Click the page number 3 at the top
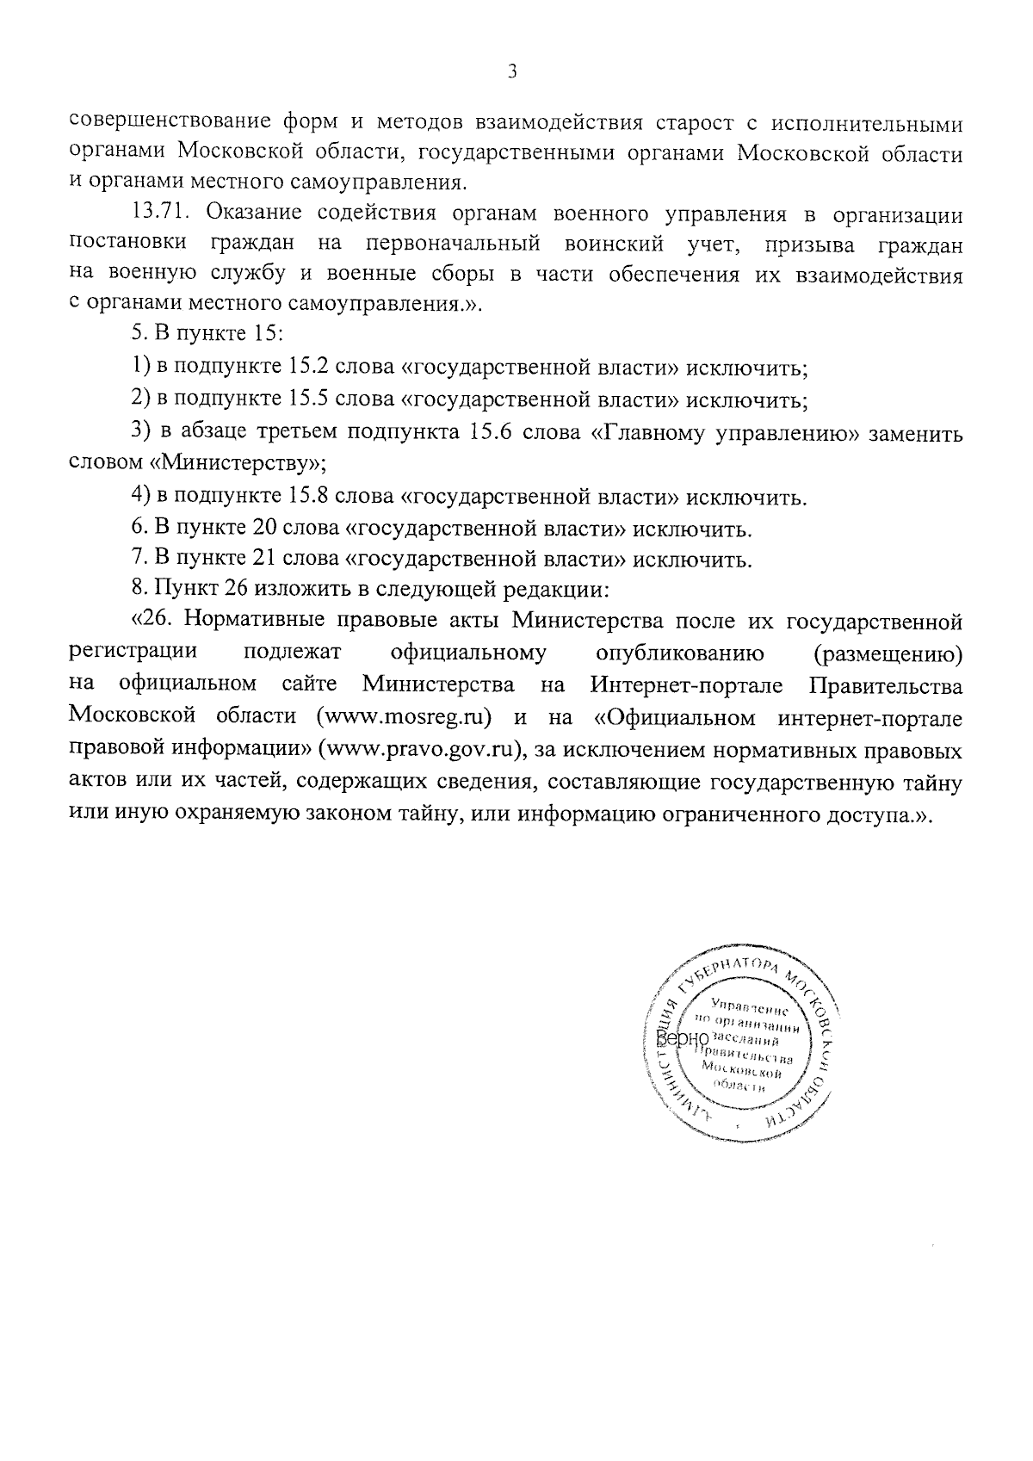(x=512, y=74)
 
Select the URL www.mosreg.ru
(x=404, y=715)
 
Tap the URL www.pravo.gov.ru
(x=422, y=748)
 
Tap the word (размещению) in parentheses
(x=888, y=653)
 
